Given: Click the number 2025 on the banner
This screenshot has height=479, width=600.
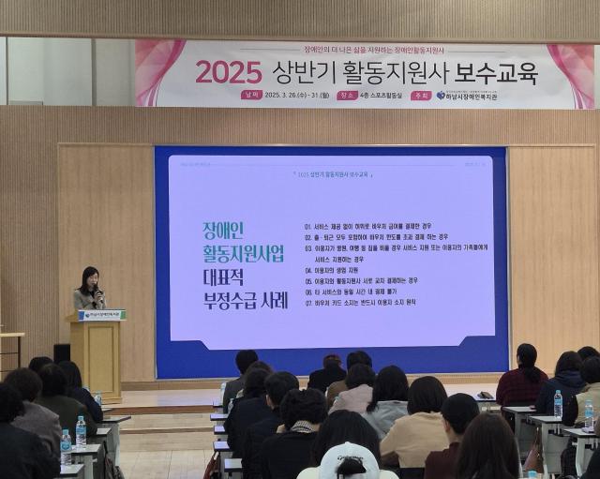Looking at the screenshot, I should point(229,72).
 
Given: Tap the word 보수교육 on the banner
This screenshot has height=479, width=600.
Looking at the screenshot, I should point(497,72).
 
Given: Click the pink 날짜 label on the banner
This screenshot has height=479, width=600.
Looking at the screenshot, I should point(250,95).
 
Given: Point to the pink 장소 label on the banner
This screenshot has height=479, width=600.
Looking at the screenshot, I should point(347,95).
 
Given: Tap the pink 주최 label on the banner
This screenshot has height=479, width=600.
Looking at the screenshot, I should point(421,95).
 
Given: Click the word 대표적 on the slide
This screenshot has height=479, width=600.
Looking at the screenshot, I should point(229,277).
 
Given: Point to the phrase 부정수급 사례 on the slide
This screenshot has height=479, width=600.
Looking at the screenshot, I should point(246,300).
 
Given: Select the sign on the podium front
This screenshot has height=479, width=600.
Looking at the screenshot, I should point(99,315).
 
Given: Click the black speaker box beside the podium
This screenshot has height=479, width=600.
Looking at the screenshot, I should point(61,352).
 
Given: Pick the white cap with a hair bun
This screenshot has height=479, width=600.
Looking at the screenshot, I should point(348,461).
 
